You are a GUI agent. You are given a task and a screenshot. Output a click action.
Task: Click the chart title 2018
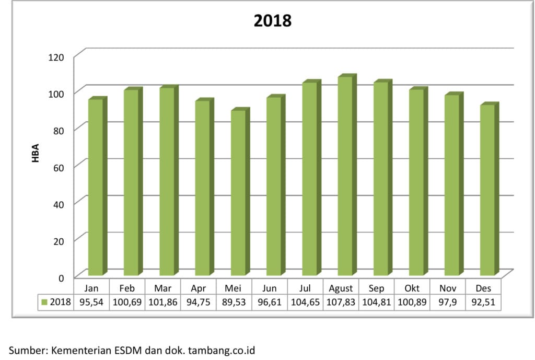[272, 21]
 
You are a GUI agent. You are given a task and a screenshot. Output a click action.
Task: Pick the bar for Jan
[96, 187]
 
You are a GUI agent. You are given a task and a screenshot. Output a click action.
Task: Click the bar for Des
[487, 190]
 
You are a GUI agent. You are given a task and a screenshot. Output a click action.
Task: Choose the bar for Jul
[309, 179]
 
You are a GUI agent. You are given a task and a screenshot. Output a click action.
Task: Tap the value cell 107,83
[341, 303]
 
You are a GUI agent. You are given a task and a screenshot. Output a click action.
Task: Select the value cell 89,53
[234, 303]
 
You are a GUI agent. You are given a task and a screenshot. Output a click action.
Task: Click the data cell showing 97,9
[447, 303]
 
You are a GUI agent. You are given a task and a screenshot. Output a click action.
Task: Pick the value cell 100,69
[127, 303]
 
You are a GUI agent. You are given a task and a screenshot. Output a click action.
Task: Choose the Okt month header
[412, 288]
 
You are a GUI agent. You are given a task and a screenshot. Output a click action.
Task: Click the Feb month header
[127, 288]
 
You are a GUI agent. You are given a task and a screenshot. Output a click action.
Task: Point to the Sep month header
[376, 288]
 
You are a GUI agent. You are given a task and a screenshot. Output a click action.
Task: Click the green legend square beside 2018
[45, 303]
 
